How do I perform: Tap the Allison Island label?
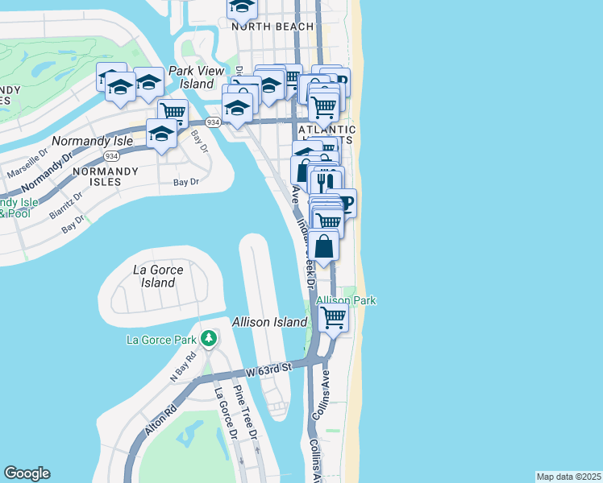click(x=269, y=322)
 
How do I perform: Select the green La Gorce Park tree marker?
click(x=210, y=338)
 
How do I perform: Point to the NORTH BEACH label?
click(x=272, y=27)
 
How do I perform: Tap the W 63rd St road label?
click(x=268, y=369)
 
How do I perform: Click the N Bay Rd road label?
click(x=183, y=367)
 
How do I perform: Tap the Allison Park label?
click(x=346, y=300)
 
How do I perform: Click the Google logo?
click(x=27, y=473)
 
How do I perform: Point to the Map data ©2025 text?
click(x=568, y=477)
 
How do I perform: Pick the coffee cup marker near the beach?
click(x=344, y=202)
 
